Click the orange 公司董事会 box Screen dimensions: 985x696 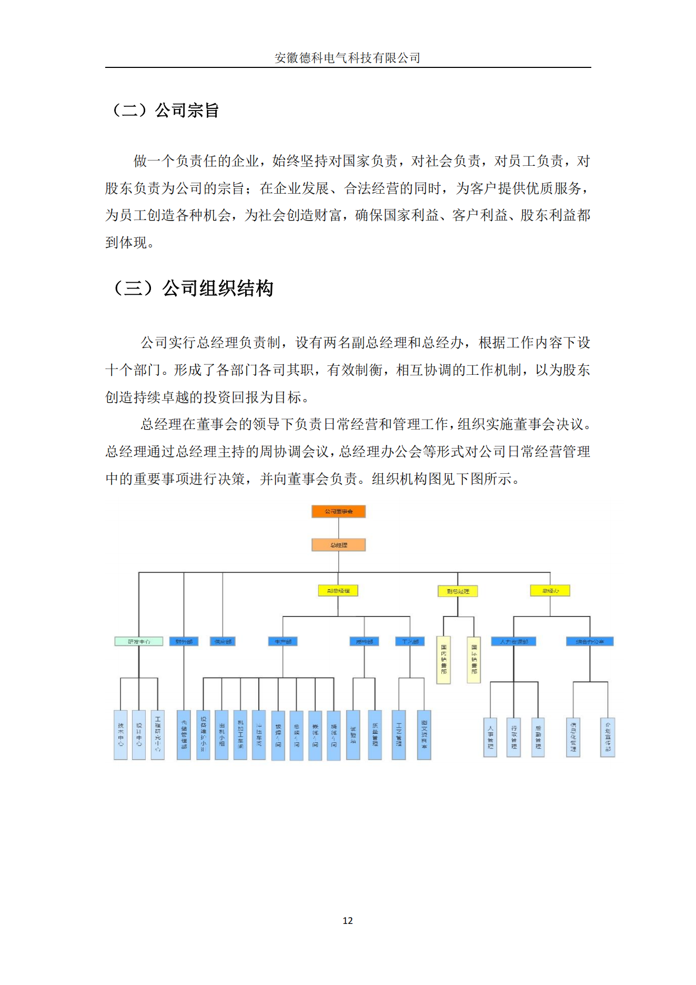[338, 511]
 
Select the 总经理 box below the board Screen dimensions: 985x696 [338, 545]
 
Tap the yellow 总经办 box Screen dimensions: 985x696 [550, 591]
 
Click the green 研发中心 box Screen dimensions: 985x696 [139, 641]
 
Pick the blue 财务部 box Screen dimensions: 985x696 [184, 641]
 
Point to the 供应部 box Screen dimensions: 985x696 [223, 641]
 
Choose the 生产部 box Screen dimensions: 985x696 [283, 641]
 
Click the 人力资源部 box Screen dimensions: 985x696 [513, 641]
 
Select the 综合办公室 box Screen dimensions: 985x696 [590, 641]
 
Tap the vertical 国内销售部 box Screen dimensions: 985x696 [443, 660]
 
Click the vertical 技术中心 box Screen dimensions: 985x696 [120, 734]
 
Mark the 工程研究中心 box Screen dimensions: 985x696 [157, 734]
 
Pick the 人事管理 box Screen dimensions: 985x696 [490, 737]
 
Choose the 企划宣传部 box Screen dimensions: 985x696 [608, 737]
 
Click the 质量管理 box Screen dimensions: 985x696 [375, 734]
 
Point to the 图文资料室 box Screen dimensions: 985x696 [424, 734]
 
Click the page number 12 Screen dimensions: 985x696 [348, 921]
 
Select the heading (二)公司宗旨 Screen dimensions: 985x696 [164, 111]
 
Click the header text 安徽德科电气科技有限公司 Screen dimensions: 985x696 [348, 58]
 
